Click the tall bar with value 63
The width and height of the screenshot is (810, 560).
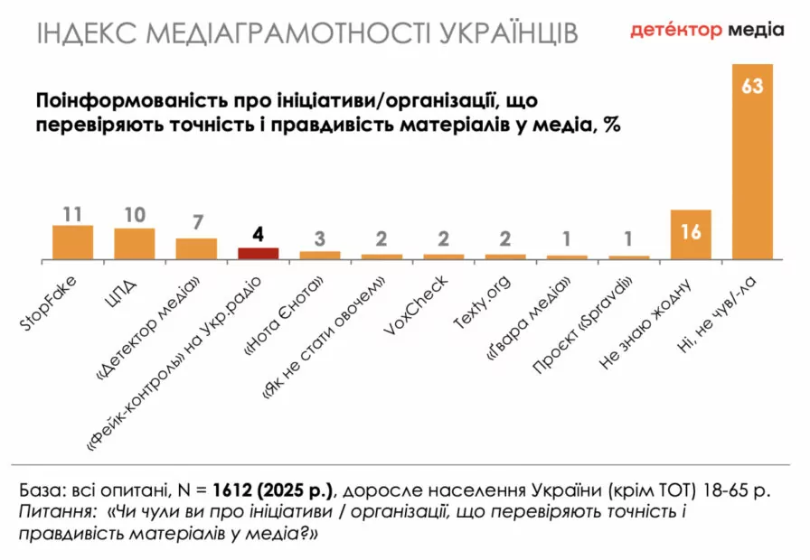tap(753, 163)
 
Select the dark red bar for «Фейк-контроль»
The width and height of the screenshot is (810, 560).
tap(258, 253)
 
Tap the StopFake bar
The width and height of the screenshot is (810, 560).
tap(73, 242)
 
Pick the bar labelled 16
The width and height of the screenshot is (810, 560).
tap(691, 235)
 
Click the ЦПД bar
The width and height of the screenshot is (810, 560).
tap(135, 244)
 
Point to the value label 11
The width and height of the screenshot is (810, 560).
tap(73, 214)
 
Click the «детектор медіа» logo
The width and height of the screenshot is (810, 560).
tap(707, 30)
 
